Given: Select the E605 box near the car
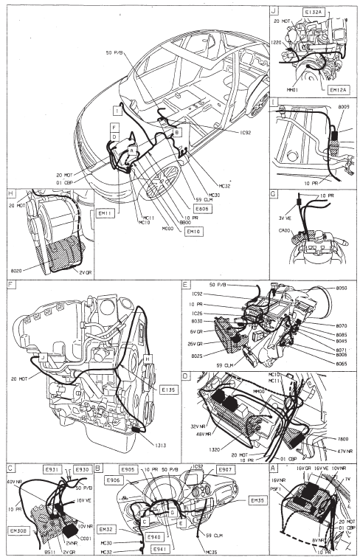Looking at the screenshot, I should [x=195, y=210].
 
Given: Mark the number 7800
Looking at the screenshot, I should [x=342, y=436].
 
